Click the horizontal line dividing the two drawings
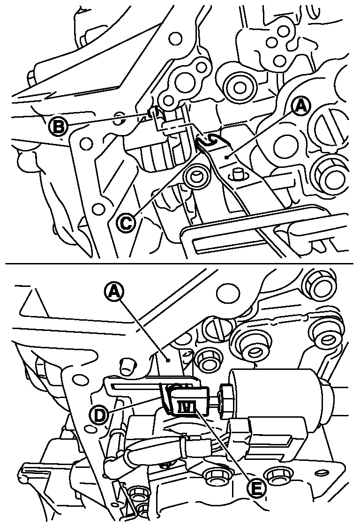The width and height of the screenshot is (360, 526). point(180,263)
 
